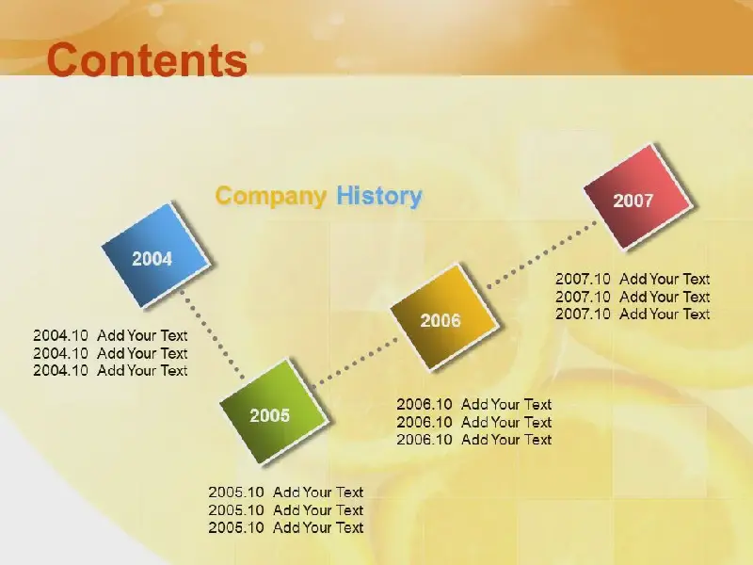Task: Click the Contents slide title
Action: (x=147, y=59)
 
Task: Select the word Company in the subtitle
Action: (x=271, y=196)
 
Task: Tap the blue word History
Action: (x=379, y=196)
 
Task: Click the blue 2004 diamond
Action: (x=156, y=255)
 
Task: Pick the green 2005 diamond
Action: (x=274, y=412)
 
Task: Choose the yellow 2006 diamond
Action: (x=444, y=316)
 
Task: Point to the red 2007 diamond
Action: (x=638, y=197)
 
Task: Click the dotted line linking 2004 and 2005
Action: (x=213, y=335)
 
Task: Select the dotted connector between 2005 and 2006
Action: (x=356, y=362)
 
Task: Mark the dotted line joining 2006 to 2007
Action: (x=541, y=254)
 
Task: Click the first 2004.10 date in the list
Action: (x=60, y=335)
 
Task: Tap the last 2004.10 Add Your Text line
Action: (x=110, y=370)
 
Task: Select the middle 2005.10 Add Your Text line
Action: (x=286, y=509)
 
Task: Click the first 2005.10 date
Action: (x=236, y=492)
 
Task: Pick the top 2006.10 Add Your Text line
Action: (x=474, y=405)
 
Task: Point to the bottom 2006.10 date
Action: (x=425, y=440)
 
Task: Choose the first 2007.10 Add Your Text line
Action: (x=633, y=279)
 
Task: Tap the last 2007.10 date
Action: (x=583, y=315)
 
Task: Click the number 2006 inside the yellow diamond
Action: (x=441, y=320)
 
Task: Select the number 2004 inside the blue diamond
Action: (x=152, y=259)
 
